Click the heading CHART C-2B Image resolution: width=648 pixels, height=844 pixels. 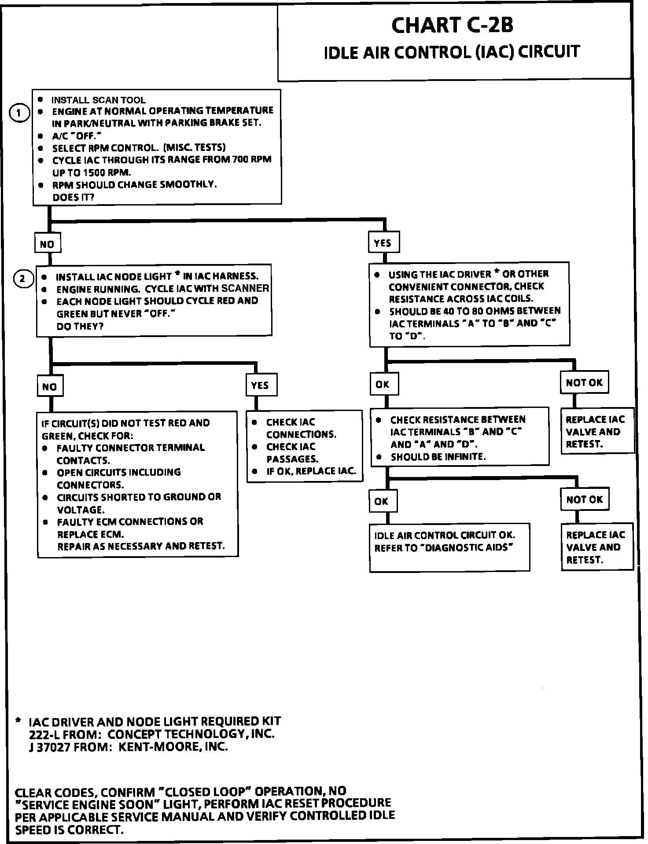pyautogui.click(x=452, y=26)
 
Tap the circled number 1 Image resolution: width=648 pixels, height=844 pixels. pyautogui.click(x=19, y=113)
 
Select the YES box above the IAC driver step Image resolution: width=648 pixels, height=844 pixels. pyautogui.click(x=383, y=243)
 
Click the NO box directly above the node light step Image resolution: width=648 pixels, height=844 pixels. pyautogui.click(x=47, y=244)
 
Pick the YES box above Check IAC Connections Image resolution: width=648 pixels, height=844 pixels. pyautogui.click(x=260, y=385)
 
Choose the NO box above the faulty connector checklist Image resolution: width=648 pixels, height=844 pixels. pyautogui.click(x=49, y=387)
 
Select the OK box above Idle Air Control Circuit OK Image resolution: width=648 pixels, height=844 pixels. pyautogui.click(x=382, y=501)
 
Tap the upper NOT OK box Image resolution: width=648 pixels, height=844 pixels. pyautogui.click(x=584, y=382)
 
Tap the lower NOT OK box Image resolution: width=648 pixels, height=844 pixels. pyautogui.click(x=585, y=499)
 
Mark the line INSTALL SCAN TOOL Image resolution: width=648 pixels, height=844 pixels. pyautogui.click(x=99, y=100)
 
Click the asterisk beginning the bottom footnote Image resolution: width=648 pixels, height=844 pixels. pyautogui.click(x=18, y=721)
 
